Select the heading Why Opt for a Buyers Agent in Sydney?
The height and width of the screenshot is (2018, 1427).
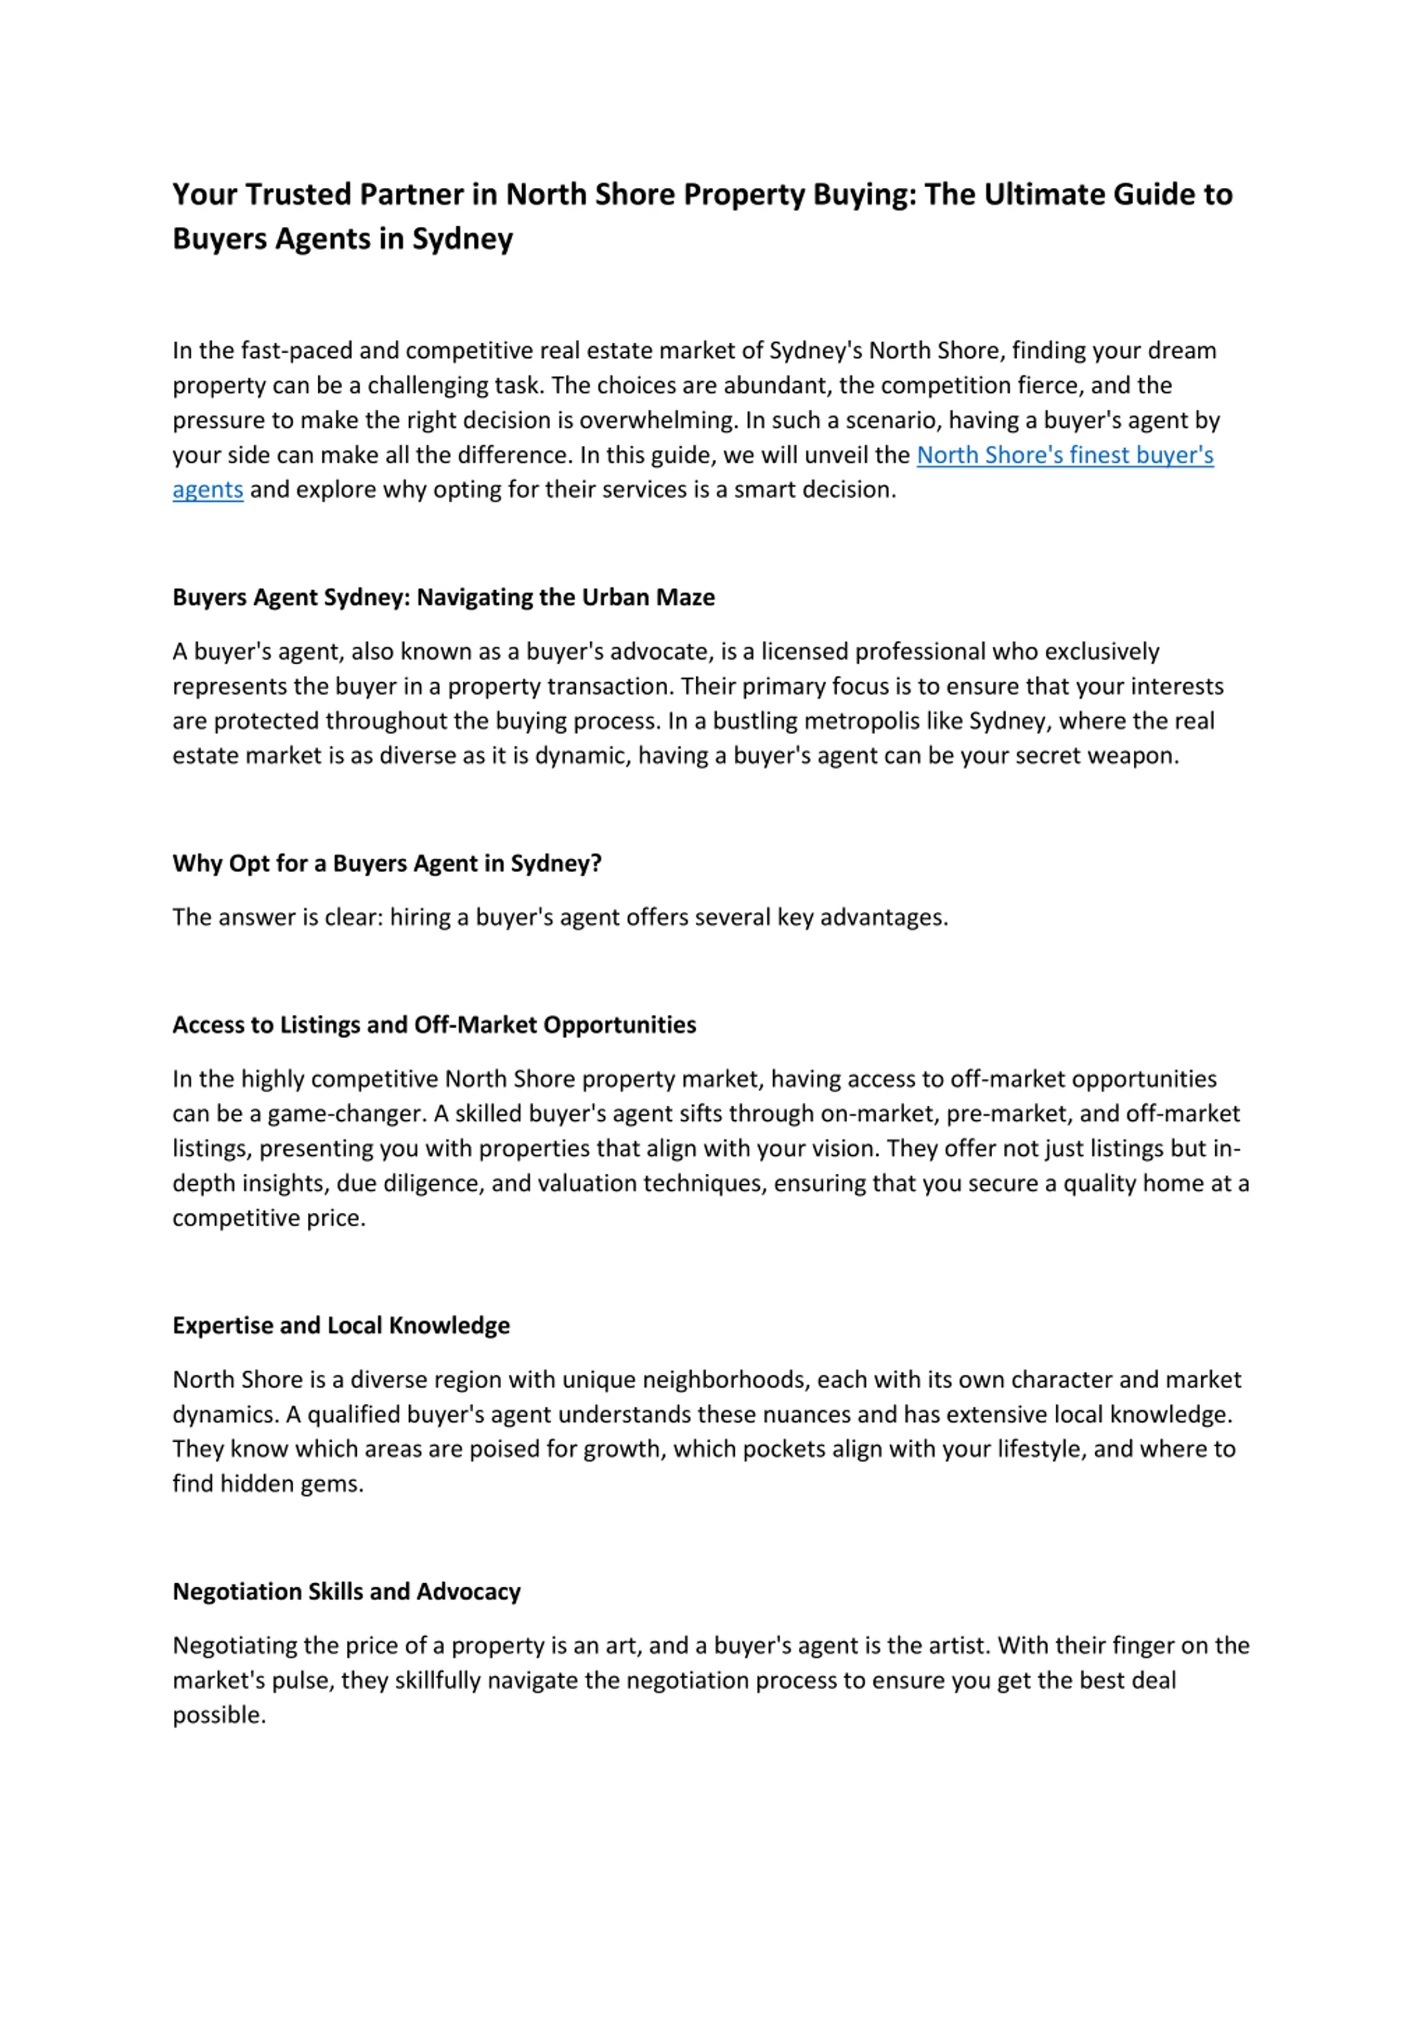(387, 863)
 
